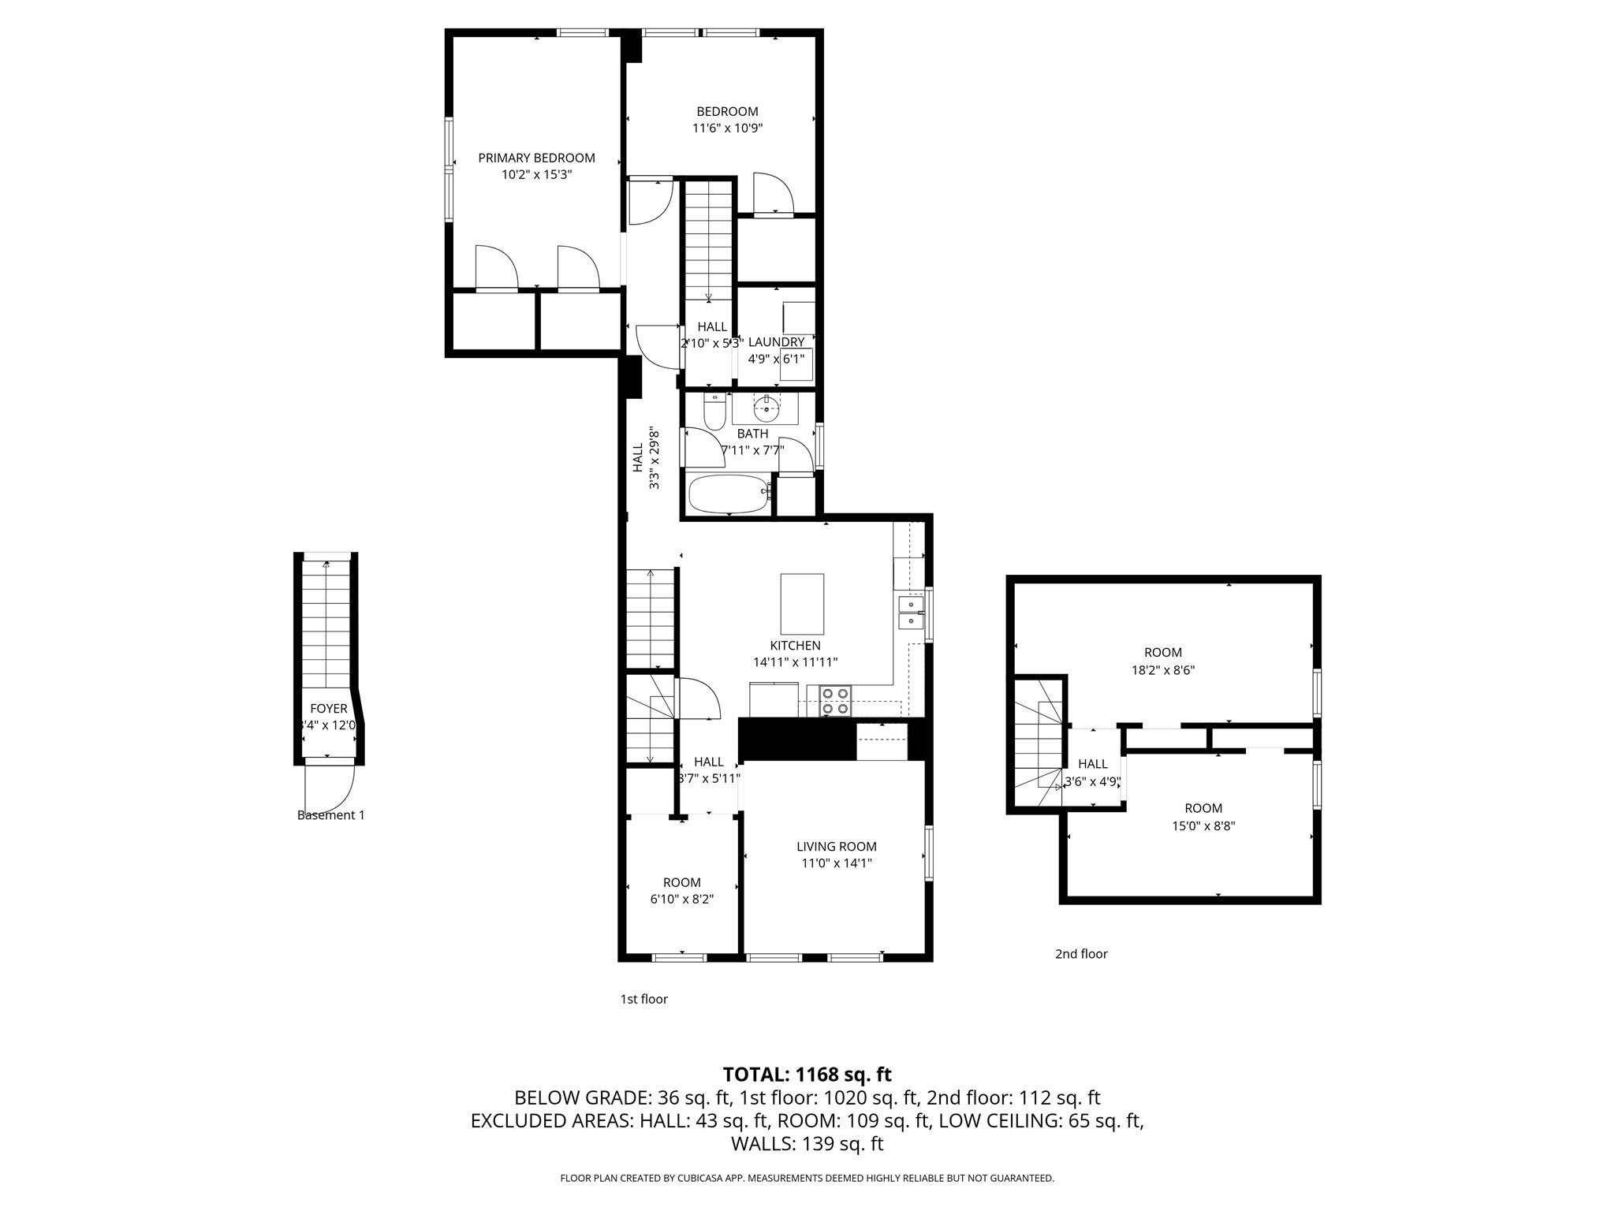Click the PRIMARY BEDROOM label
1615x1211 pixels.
[x=536, y=158]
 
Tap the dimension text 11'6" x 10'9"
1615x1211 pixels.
[x=727, y=128]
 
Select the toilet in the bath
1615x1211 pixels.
[x=714, y=412]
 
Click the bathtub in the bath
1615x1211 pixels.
[x=728, y=494]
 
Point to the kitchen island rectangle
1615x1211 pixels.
[x=802, y=604]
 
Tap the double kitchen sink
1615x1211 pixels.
[x=911, y=613]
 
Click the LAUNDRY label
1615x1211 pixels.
[x=776, y=342]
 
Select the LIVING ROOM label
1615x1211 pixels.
[x=836, y=847]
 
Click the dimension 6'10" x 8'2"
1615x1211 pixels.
[x=681, y=899]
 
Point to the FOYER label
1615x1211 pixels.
[x=328, y=709]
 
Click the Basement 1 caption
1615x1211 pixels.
[x=330, y=815]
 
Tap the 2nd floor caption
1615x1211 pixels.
[x=1081, y=954]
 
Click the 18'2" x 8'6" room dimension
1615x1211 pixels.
[x=1162, y=670]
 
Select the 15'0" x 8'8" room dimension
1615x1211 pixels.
[x=1203, y=825]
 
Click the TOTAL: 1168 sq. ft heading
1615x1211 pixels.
[x=807, y=1075]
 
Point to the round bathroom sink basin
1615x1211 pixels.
[x=766, y=409]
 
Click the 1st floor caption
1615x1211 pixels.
[x=643, y=999]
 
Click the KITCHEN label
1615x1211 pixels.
[x=795, y=646]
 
